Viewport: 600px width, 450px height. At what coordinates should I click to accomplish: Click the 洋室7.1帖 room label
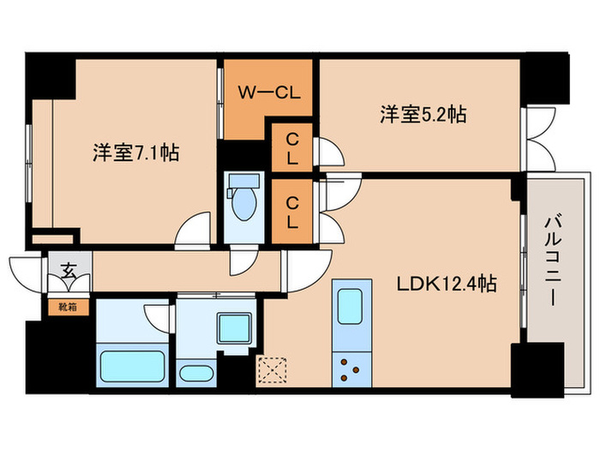(x=135, y=153)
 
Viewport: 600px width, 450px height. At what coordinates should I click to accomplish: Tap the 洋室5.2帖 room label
(x=423, y=114)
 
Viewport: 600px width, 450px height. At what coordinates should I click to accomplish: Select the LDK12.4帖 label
(x=446, y=283)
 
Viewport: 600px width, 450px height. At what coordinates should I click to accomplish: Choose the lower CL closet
(x=292, y=212)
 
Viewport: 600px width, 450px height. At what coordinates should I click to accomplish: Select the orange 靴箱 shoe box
(x=67, y=305)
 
